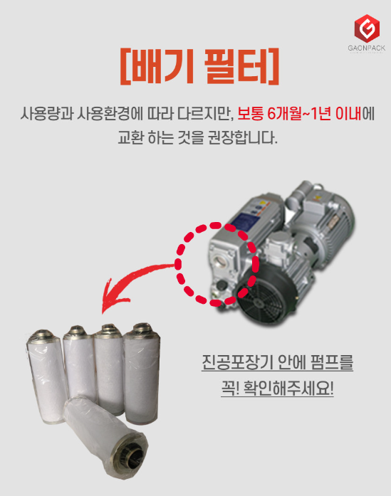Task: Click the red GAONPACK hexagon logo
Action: coord(367,28)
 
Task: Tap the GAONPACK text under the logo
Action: coord(367,48)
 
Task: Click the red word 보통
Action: coord(250,114)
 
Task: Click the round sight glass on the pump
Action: coord(221,261)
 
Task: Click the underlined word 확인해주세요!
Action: coord(288,388)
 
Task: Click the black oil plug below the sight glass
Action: coord(221,286)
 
